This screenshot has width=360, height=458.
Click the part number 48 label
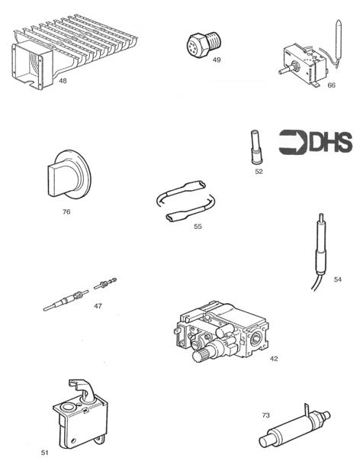click(63, 80)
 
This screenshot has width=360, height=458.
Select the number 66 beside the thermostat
click(331, 85)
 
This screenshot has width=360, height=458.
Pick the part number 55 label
click(198, 227)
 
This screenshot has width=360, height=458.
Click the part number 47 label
click(98, 305)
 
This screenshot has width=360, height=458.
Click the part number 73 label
click(265, 415)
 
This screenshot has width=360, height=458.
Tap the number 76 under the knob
click(66, 211)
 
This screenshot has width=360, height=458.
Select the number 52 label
click(259, 172)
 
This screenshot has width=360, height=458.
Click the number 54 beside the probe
click(337, 279)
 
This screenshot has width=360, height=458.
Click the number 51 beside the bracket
click(44, 452)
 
